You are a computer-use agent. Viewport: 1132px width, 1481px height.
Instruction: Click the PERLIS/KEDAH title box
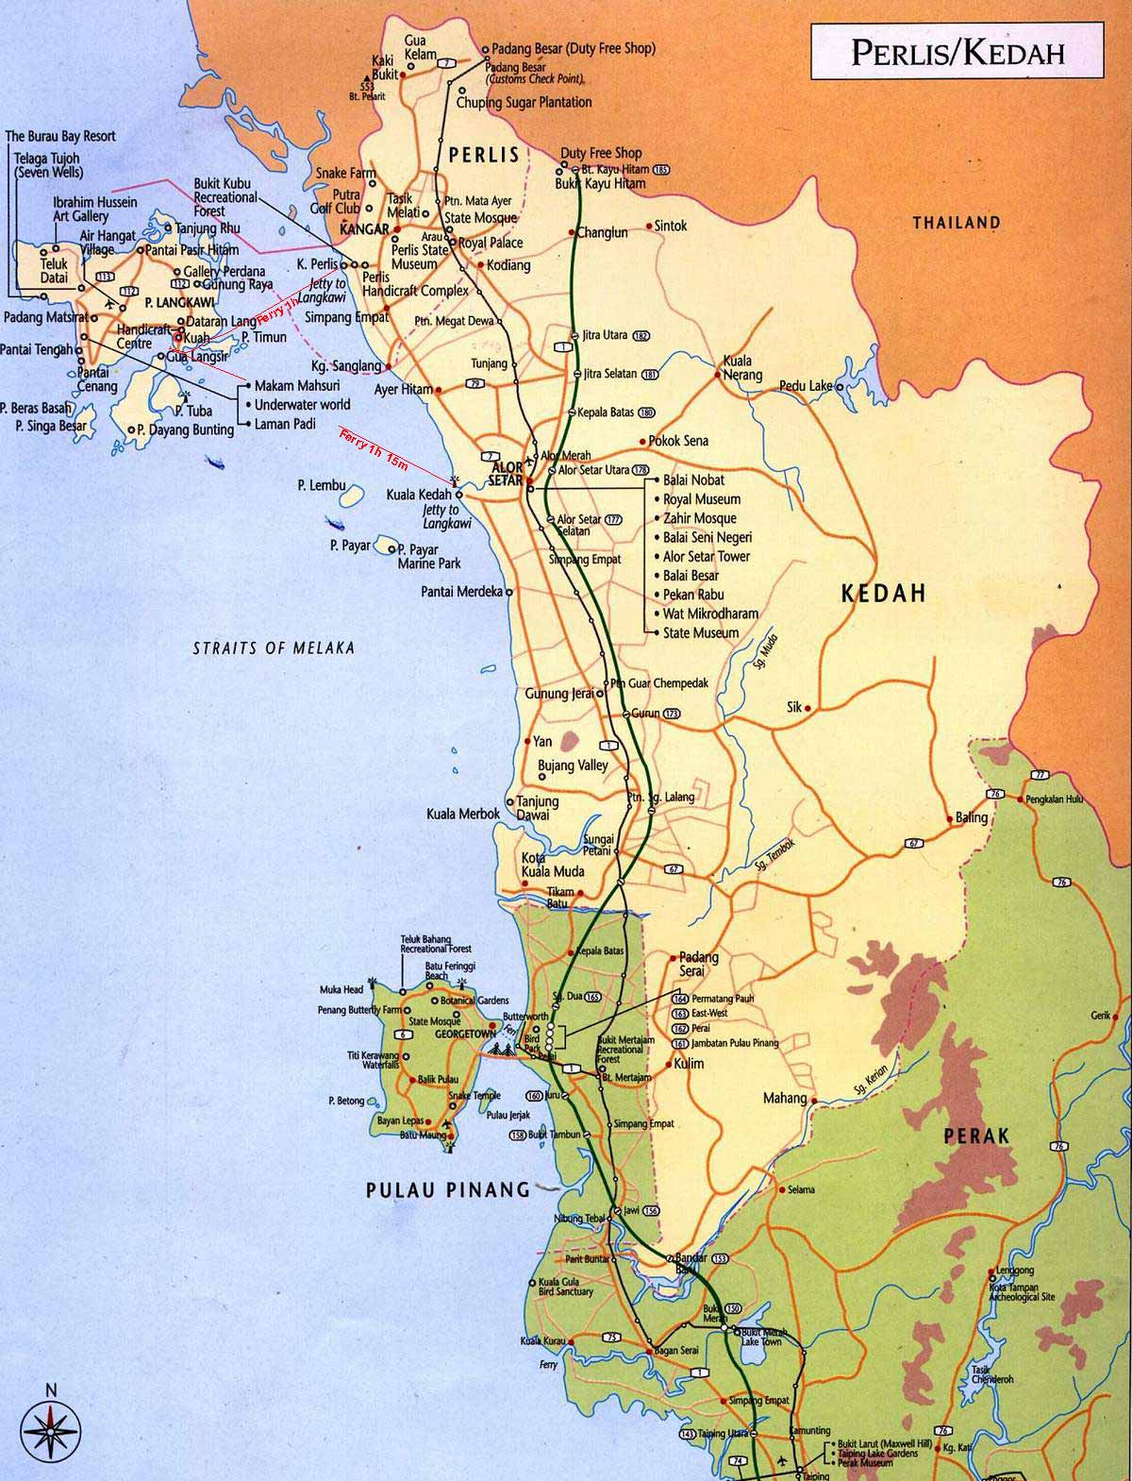tap(957, 51)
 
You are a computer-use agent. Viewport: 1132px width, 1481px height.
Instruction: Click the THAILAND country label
tap(956, 223)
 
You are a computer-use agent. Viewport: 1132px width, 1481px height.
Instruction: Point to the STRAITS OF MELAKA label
tap(274, 648)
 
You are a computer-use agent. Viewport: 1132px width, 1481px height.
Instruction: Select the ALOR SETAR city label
tap(506, 473)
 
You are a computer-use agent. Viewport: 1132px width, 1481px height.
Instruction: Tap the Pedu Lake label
tap(805, 386)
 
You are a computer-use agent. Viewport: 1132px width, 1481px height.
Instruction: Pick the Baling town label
tap(971, 817)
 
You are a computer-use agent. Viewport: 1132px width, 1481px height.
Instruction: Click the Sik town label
tap(793, 707)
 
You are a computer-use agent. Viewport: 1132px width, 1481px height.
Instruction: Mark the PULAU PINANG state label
tap(447, 1190)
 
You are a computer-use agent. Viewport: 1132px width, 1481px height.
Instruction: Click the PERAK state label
tap(976, 1136)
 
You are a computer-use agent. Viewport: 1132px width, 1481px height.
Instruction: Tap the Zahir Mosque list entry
tap(699, 518)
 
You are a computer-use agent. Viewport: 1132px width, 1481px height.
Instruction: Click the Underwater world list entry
tap(302, 405)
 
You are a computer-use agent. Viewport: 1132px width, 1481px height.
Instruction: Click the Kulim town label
tap(689, 1063)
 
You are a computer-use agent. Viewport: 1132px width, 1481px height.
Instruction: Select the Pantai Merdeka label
tap(460, 592)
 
